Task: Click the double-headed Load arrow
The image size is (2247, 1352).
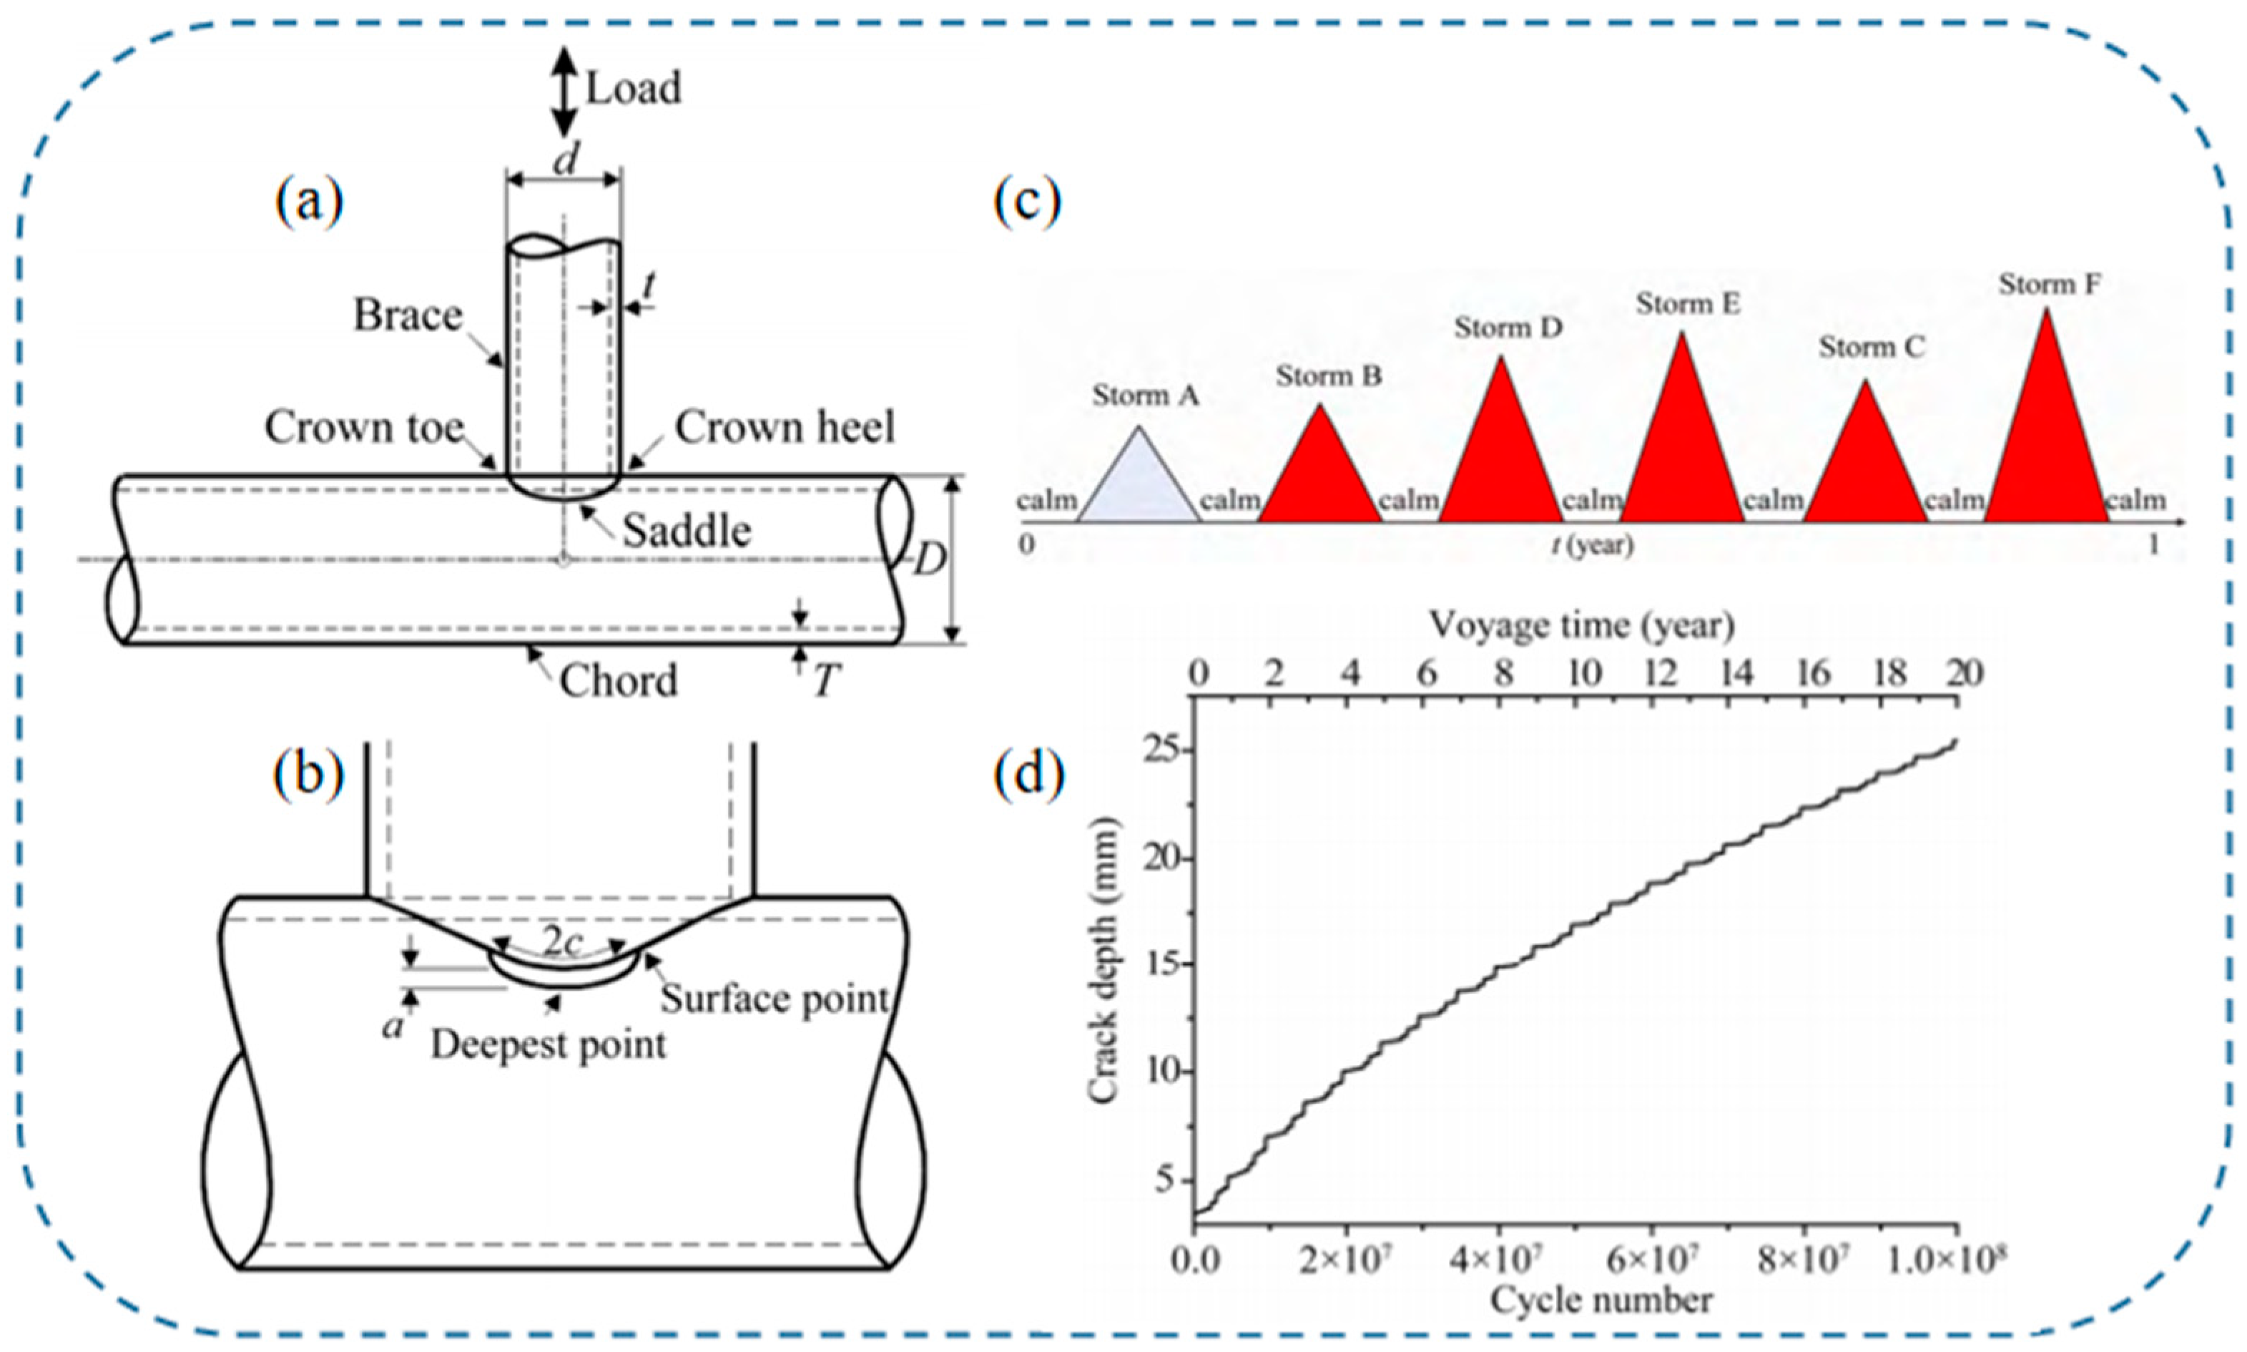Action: pos(566,90)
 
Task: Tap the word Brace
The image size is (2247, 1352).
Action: pos(408,315)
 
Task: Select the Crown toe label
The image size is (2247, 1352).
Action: pos(364,427)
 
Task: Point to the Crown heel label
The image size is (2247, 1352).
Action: pos(785,427)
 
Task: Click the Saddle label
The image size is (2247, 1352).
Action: pos(687,531)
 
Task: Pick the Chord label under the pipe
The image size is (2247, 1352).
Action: pos(619,680)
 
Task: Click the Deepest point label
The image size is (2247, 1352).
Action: pos(549,1044)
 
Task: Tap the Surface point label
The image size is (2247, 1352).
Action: pos(775,999)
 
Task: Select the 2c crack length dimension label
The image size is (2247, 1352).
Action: pos(562,944)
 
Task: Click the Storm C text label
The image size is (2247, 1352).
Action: pos(1872,347)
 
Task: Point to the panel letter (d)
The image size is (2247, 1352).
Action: pos(1028,776)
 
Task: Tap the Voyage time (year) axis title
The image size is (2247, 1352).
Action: pos(1582,626)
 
